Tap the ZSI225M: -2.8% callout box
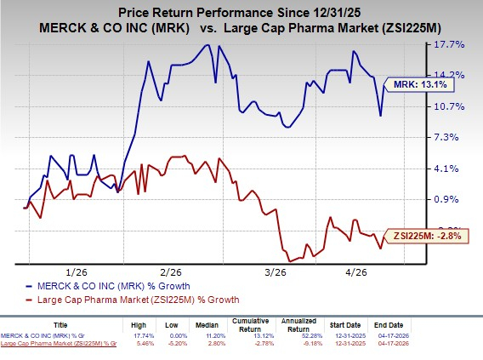427,236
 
